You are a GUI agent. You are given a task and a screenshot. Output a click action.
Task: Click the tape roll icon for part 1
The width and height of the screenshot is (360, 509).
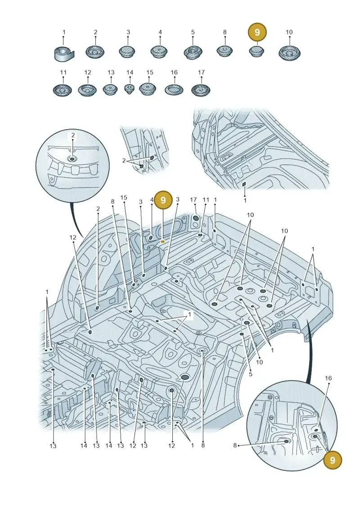coord(63,53)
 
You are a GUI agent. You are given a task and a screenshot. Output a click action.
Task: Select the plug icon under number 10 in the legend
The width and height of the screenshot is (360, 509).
coord(289,53)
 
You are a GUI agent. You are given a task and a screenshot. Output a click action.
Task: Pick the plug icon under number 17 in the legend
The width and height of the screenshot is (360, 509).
coord(201,90)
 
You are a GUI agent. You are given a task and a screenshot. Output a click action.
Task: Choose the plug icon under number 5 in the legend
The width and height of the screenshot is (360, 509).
coord(193,52)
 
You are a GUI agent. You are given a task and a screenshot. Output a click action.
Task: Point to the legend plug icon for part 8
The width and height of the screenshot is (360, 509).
coord(225,51)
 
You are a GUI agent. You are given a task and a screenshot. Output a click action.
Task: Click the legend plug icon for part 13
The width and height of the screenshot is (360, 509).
coord(111,89)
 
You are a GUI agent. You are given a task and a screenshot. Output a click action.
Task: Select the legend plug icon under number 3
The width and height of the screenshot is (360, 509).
coord(128,52)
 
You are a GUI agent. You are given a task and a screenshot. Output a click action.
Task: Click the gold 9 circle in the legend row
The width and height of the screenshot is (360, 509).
coord(257,32)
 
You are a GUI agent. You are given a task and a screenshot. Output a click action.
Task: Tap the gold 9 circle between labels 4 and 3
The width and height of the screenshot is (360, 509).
coord(163,200)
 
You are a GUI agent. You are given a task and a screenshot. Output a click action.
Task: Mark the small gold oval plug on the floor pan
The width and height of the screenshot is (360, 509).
coord(162,242)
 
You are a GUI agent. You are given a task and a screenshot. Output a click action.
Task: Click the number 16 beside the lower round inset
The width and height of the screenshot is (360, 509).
coord(328,378)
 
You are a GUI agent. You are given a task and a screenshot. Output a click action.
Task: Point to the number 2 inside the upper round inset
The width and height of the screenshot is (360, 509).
coord(73,135)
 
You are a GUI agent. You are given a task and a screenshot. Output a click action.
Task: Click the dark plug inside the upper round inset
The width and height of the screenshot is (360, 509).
coord(72,159)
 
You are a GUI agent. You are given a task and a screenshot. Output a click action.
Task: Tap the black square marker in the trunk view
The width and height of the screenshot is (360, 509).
coord(244,184)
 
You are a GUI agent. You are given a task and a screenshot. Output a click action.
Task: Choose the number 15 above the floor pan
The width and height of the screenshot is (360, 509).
coord(124,198)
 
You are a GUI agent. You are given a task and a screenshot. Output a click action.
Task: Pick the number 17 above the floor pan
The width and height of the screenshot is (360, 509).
coord(193,200)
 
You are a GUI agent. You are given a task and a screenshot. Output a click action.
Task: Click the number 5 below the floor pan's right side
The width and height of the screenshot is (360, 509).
coord(250,374)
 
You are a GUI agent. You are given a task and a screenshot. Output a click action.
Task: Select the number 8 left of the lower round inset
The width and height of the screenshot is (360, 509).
coord(235,446)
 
